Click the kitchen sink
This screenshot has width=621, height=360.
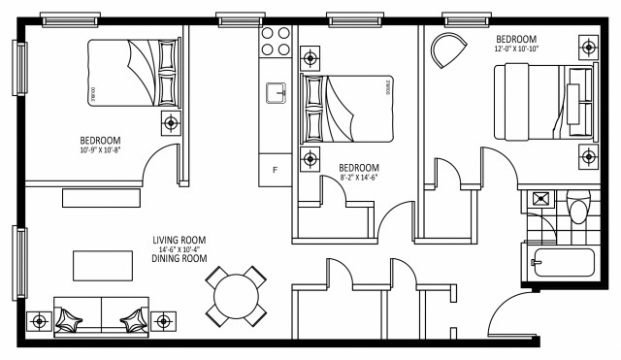coord(277,92)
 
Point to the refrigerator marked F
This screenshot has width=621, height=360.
coord(276,169)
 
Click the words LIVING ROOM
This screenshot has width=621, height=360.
coord(180,240)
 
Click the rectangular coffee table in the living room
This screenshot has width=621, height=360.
coord(103,264)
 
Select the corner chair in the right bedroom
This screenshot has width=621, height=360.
coord(446,49)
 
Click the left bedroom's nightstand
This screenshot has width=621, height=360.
coord(172,122)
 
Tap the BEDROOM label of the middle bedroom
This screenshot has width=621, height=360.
coord(358,168)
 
